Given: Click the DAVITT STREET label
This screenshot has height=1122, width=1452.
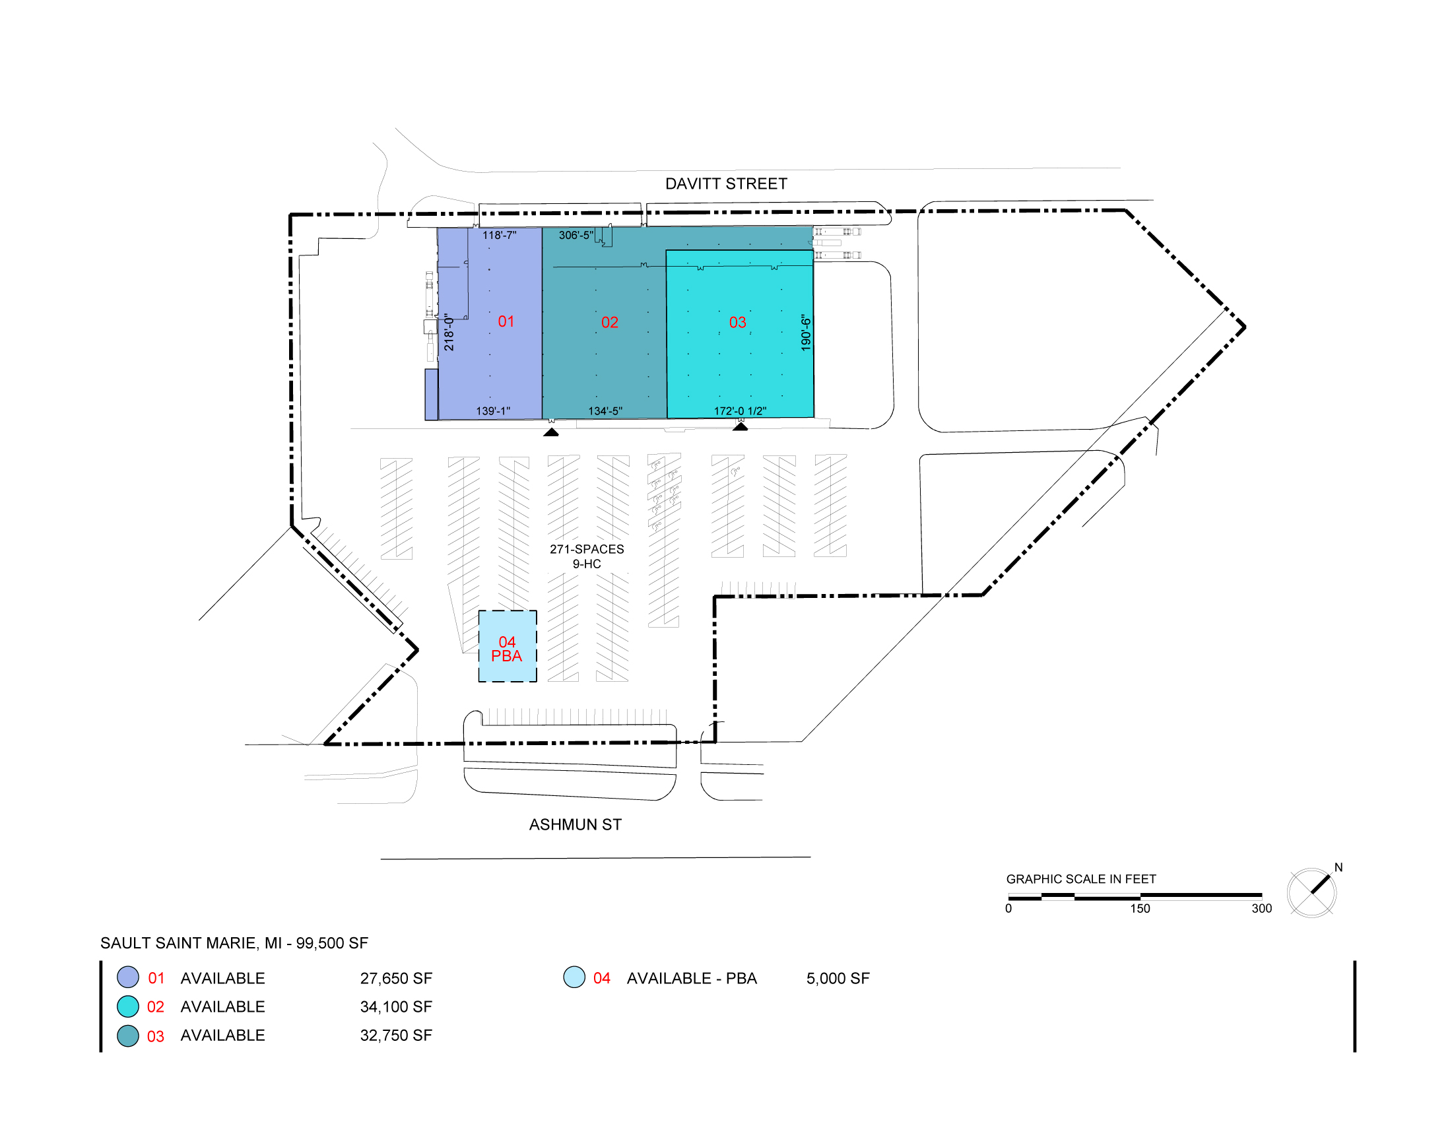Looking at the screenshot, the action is point(726,183).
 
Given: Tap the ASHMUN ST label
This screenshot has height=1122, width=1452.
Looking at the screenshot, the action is point(575,824).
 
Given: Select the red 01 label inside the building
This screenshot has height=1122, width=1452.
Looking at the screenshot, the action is point(506,321).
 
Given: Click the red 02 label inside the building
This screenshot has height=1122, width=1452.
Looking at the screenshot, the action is point(610,322).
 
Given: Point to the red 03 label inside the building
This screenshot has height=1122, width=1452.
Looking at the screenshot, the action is point(737,322).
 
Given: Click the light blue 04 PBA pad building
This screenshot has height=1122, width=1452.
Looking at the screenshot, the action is point(508,646).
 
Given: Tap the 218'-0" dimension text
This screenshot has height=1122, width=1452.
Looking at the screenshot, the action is point(449,333).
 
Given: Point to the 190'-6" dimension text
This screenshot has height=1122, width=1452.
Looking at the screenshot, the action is point(806,333).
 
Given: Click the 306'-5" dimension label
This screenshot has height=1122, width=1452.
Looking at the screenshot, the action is point(576,236).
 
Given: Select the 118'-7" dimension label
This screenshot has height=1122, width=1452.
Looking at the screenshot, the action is point(500,236).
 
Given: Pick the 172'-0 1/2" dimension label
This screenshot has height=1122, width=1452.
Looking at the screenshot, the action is point(740,411).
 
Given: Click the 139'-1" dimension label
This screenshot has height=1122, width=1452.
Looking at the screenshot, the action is point(492,411).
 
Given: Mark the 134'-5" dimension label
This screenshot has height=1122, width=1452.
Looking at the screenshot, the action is point(605,411).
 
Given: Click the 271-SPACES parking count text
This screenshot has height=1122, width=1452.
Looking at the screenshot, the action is point(586,549).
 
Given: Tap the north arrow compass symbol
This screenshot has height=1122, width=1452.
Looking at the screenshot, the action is point(1311,892).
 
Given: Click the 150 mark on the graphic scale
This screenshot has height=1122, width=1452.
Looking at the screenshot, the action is point(1140,909).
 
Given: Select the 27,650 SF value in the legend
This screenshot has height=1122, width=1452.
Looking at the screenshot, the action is point(396,978).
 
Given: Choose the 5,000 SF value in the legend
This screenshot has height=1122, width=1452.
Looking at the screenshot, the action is point(838,978).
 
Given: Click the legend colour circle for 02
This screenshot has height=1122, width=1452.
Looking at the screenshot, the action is point(127,1006).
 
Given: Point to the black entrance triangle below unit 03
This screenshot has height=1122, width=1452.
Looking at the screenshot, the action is point(740,427).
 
